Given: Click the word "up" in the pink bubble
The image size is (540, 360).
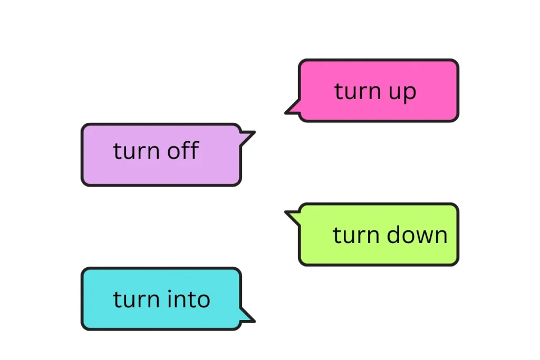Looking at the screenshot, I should [x=403, y=92].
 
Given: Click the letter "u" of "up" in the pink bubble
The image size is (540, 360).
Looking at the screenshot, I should [x=396, y=93].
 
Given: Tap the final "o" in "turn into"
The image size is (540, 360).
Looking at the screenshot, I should [x=203, y=300].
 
